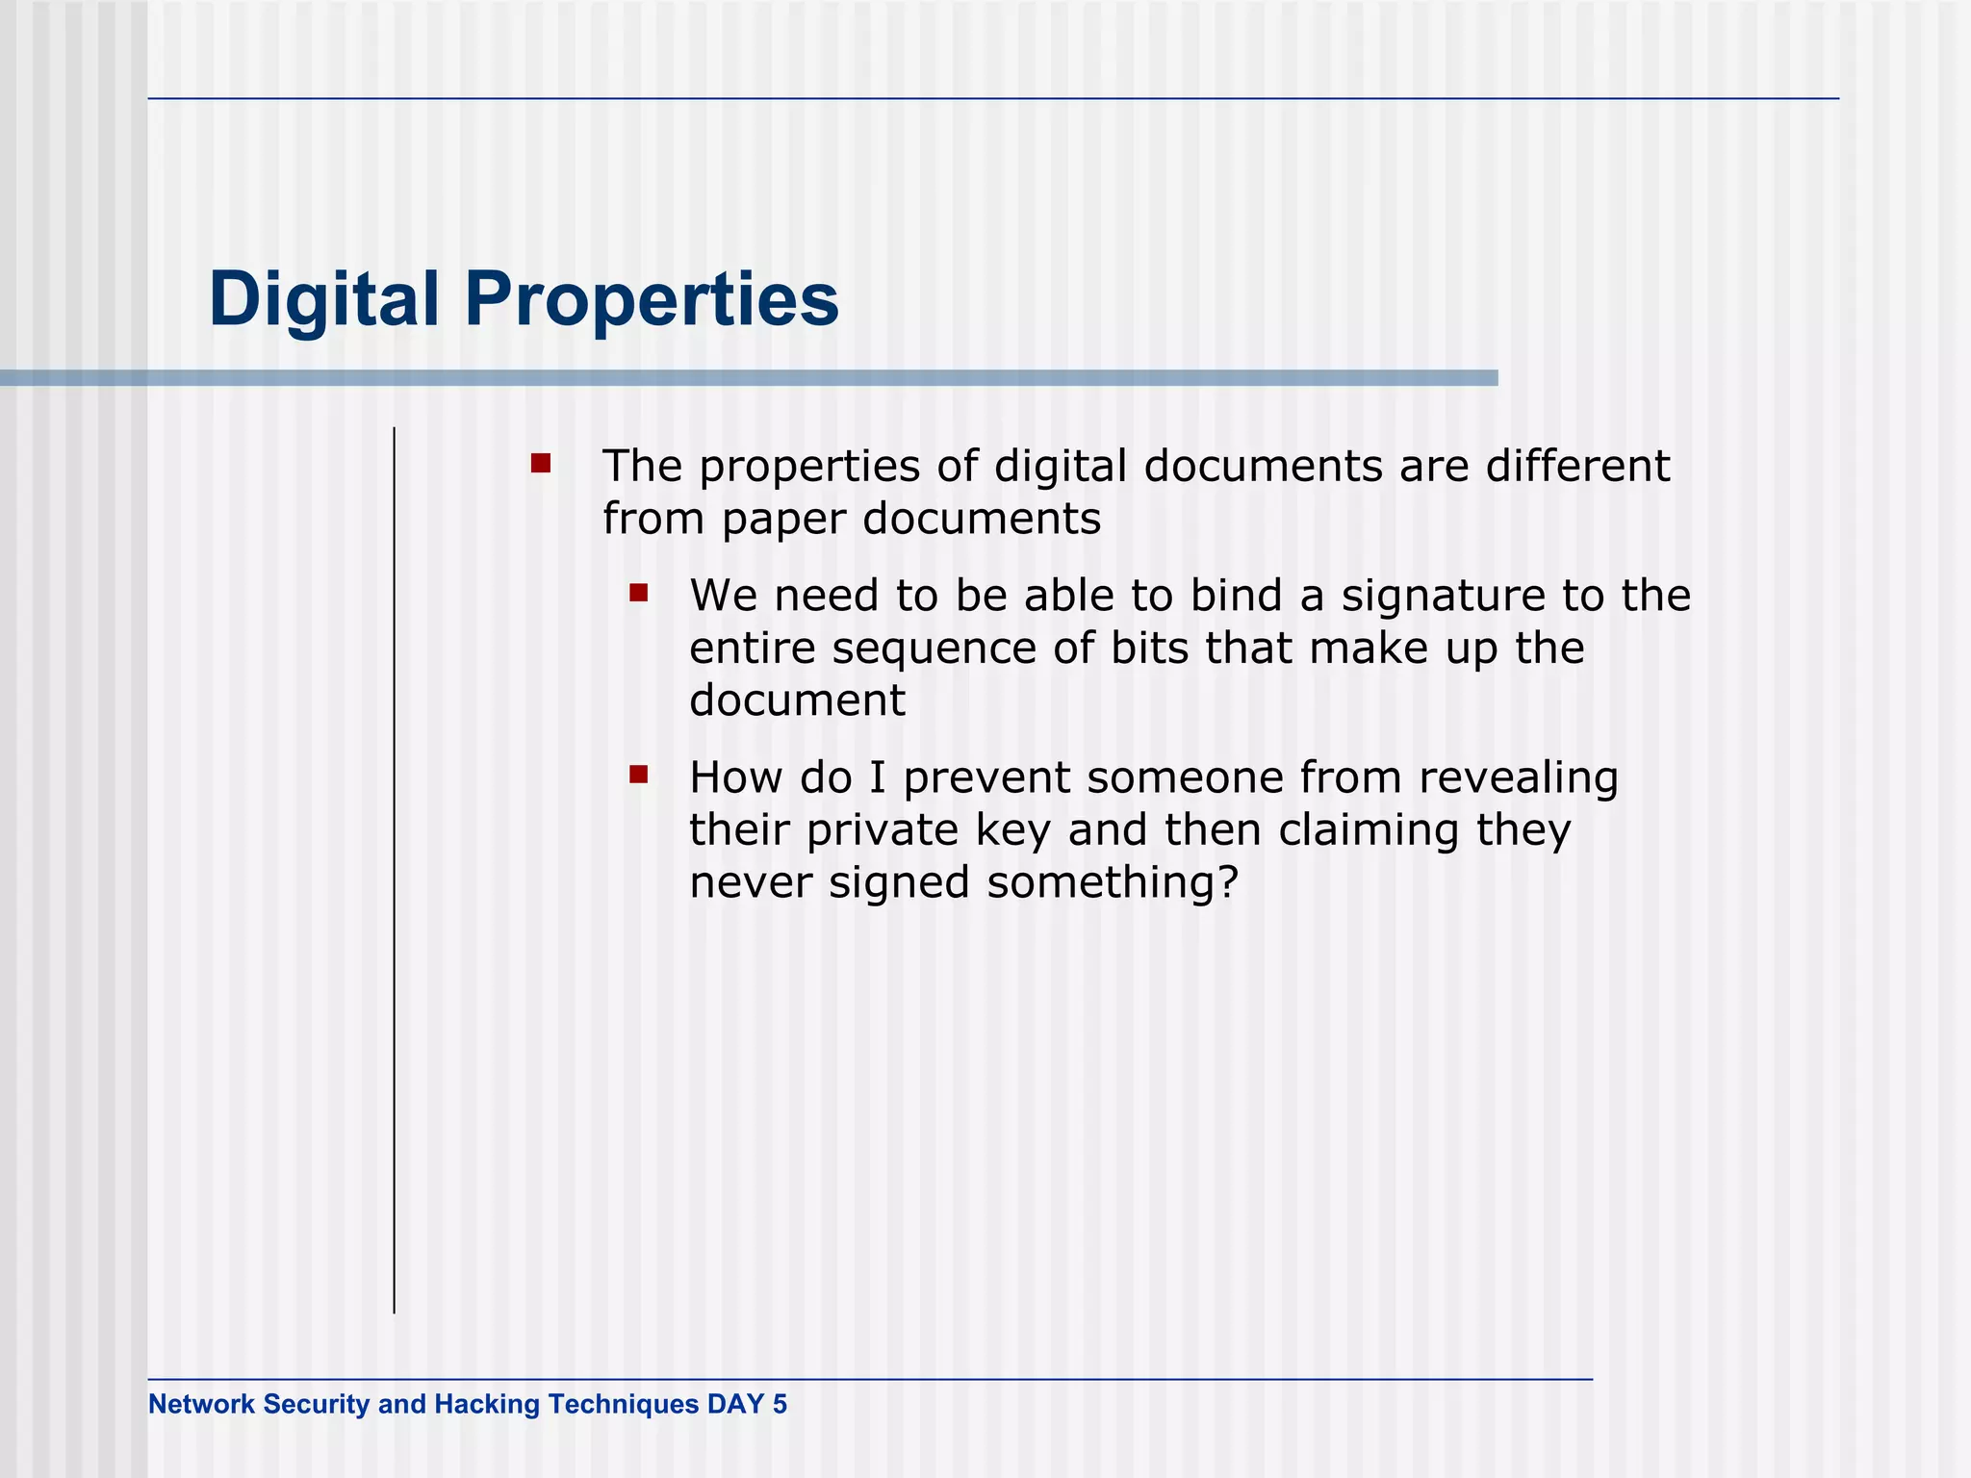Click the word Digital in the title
[323, 300]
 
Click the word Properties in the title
[652, 300]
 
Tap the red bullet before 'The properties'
[541, 464]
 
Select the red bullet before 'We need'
[639, 592]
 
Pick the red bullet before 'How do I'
[639, 774]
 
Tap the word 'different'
[1577, 467]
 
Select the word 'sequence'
[934, 650]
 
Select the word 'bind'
[1236, 596]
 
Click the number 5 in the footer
[780, 1404]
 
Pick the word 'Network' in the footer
[201, 1404]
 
